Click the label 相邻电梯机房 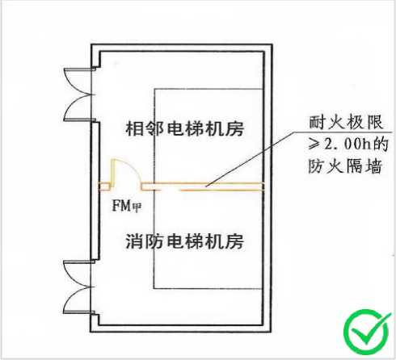185,128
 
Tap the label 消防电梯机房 185,241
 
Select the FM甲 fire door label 127,206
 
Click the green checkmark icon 367,332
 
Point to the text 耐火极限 346,123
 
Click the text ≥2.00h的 348,144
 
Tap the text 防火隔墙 345,166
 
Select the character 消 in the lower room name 135,241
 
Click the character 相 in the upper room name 135,128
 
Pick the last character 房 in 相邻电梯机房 235,128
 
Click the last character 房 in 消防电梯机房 235,241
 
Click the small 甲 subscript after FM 137,207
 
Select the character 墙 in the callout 374,166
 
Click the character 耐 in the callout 318,123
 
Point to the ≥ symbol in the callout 314,144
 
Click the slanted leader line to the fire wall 251,159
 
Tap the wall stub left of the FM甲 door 104,186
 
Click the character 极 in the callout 355,123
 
